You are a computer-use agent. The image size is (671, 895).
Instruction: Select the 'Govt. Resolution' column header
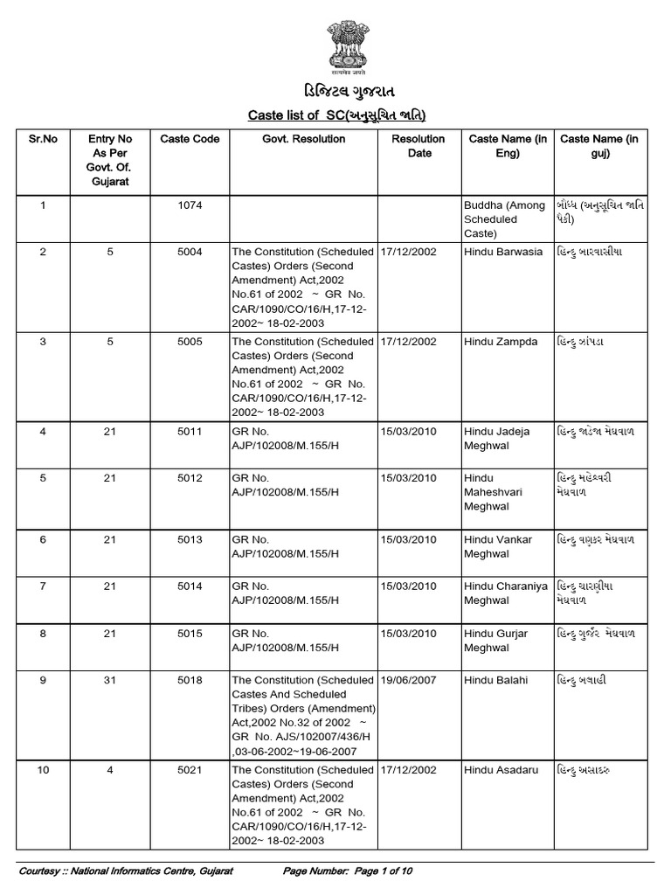point(300,139)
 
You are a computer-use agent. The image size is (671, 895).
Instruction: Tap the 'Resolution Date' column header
point(419,146)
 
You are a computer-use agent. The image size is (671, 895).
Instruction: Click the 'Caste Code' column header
point(190,139)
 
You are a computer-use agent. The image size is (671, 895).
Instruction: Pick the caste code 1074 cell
point(190,205)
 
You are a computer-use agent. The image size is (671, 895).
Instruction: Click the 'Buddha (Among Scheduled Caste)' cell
point(504,219)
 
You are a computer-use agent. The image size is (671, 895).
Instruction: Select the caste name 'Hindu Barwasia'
point(503,252)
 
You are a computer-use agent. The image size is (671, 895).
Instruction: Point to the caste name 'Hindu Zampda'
point(501,342)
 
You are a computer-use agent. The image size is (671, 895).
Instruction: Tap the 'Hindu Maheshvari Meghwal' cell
point(494,492)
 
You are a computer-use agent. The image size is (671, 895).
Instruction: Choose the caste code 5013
point(190,540)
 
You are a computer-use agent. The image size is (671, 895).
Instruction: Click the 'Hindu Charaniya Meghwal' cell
point(506,593)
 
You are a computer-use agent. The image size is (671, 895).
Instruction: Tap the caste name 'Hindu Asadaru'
point(502,770)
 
